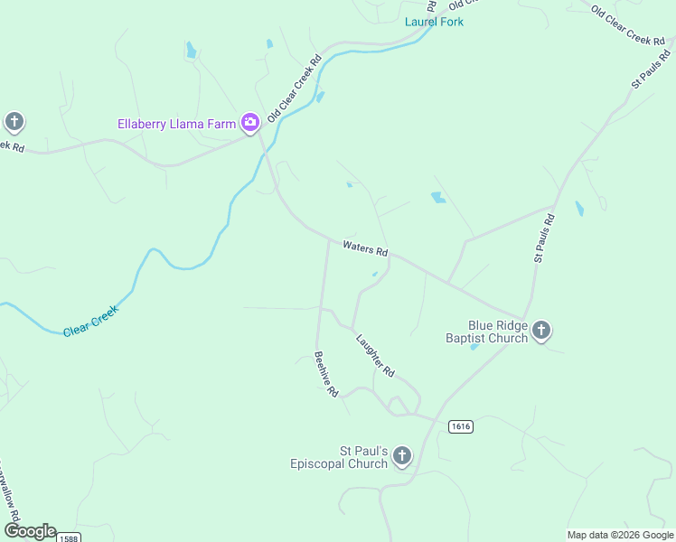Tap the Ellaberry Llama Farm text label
176,124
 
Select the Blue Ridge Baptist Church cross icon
541,331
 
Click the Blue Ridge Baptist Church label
486,332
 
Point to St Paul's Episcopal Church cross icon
402,456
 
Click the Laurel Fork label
434,21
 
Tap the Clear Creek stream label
90,320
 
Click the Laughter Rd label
375,356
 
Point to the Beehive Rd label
325,374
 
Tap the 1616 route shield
460,425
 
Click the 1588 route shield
67,537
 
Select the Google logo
30,531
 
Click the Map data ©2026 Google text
619,535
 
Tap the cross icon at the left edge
14,121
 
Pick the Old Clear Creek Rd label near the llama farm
295,89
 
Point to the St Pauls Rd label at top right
651,70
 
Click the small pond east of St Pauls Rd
579,209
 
